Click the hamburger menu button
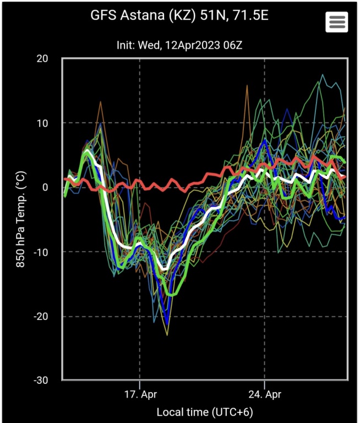click(x=336, y=22)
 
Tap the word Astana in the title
click(x=135, y=15)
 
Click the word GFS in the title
click(x=102, y=15)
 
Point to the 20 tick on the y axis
click(x=50, y=59)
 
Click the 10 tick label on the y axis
click(x=50, y=123)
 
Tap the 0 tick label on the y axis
click(x=53, y=187)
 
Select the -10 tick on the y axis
click(x=48, y=252)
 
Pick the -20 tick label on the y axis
click(x=48, y=316)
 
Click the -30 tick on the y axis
click(x=48, y=381)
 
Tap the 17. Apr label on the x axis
click(x=140, y=395)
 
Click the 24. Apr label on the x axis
click(x=265, y=395)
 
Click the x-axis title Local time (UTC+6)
click(x=205, y=412)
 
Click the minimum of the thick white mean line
click(x=163, y=269)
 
